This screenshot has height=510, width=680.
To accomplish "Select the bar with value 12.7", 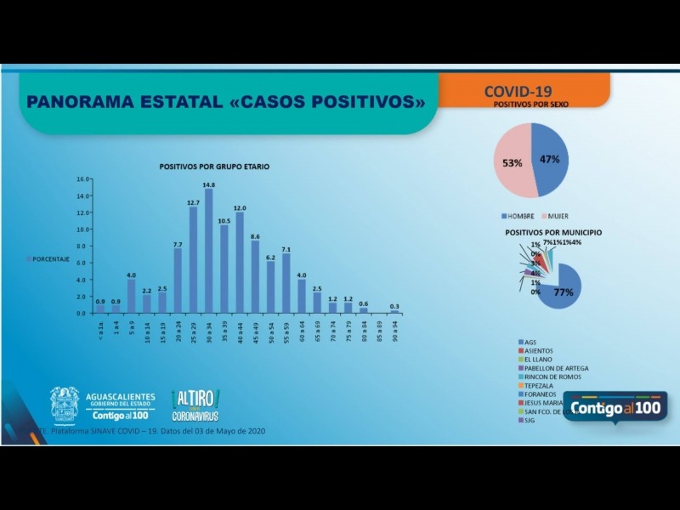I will (x=193, y=259).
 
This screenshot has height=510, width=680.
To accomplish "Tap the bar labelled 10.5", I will (x=224, y=269).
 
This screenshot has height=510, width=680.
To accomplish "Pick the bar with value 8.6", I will (x=255, y=276).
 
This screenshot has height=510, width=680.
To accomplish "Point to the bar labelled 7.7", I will (x=178, y=280).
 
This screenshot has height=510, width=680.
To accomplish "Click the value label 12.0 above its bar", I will (x=240, y=208).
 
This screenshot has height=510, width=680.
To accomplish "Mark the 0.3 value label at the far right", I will (x=394, y=306).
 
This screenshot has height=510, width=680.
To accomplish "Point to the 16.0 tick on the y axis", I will (x=82, y=179).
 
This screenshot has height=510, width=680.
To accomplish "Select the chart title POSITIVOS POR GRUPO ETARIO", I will (x=214, y=167).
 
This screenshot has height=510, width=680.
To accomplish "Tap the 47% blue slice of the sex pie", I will (x=550, y=159).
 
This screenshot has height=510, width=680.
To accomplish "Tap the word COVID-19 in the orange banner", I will (x=518, y=91).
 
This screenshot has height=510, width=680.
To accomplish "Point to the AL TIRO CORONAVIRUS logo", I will (x=195, y=405).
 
